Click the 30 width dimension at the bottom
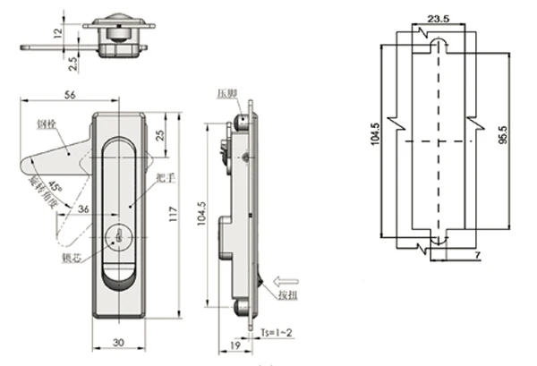117,342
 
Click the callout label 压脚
224,93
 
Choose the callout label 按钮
288,296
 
